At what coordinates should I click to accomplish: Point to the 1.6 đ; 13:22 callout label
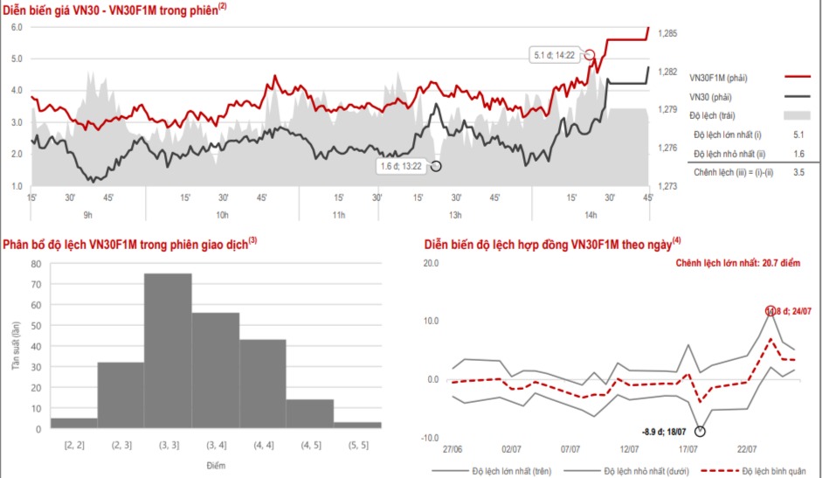click(x=401, y=165)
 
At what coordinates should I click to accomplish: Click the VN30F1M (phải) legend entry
click(x=718, y=79)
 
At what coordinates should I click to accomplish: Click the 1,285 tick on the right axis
click(x=667, y=33)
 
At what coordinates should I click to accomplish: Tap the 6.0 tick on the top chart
click(x=16, y=27)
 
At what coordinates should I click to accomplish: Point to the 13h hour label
click(x=454, y=215)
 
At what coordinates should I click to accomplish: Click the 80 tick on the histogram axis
click(x=36, y=261)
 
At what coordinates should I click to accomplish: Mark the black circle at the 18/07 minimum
click(x=701, y=430)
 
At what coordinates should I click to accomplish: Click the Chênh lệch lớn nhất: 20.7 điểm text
click(x=744, y=261)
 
